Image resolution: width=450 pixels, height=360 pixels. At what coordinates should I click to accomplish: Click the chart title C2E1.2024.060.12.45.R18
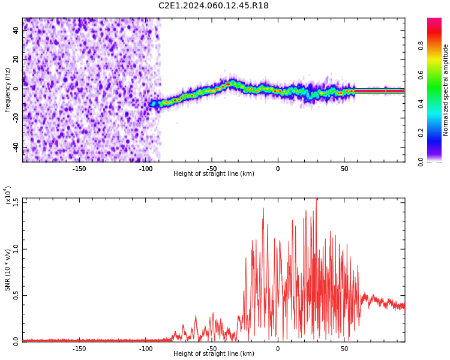coord(214,6)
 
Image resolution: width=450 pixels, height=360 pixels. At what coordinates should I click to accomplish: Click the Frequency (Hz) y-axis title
coord(8,90)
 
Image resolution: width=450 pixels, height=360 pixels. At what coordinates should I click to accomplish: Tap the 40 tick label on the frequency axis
coord(16,30)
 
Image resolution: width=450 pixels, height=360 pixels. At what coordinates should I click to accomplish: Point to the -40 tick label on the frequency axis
coord(16,147)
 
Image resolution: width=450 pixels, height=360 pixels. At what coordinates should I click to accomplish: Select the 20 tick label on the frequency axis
coord(16,59)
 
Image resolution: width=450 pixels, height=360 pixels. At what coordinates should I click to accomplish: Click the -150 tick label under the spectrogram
coord(79,169)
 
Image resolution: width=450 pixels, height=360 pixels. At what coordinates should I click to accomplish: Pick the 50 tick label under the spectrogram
coord(344,169)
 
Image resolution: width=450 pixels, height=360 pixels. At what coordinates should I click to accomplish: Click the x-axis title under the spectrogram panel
coord(214,174)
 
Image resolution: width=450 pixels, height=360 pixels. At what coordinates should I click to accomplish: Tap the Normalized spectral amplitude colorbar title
coord(446,90)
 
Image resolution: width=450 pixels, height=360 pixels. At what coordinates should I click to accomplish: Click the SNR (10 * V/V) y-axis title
coord(8,270)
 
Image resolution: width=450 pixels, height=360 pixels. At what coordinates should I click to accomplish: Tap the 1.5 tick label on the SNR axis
coord(16,202)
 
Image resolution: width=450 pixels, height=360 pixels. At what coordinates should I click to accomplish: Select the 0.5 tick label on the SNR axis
coord(16,295)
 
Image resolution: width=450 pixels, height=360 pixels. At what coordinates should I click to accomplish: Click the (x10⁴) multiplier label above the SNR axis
coord(8,196)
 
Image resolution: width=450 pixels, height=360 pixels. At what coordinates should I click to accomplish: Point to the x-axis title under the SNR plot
coord(214,354)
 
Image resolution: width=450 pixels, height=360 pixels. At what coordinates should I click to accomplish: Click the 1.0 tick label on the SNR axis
coord(16,248)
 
